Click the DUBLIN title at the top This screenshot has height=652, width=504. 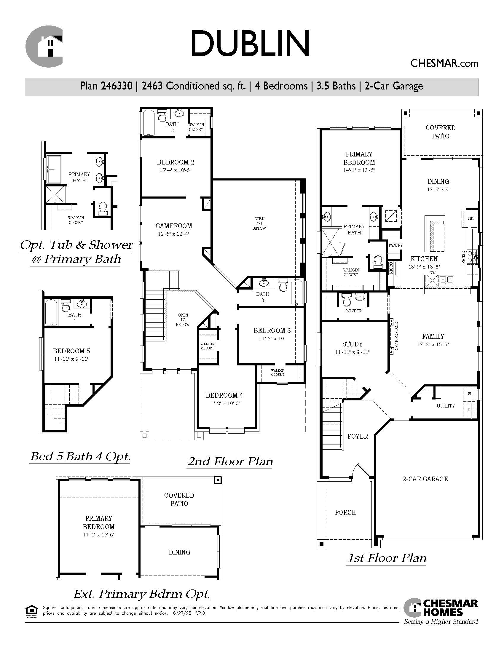250,43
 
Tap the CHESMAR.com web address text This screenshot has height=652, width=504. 444,64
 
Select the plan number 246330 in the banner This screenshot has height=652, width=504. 117,86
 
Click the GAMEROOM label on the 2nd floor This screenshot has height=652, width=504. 174,226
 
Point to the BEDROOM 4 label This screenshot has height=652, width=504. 224,396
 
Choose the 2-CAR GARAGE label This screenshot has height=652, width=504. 425,479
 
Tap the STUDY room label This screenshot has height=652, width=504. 352,344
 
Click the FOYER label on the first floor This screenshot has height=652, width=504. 358,437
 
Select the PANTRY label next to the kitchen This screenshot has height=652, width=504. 395,245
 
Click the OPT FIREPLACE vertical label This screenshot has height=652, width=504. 396,336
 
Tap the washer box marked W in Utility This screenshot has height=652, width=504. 469,394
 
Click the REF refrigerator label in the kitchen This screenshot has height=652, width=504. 471,218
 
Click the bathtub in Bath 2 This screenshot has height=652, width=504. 148,123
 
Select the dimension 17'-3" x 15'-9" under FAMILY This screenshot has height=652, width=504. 433,344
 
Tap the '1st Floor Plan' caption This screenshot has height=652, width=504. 387,558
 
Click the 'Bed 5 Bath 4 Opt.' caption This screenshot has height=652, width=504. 80,456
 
